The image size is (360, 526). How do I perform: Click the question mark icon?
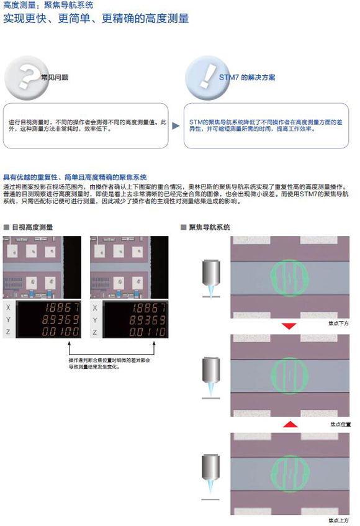click(26, 78)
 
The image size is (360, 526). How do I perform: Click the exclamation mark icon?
click(207, 78)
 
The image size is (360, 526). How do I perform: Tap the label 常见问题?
click(55, 78)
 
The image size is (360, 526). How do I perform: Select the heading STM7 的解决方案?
click(247, 78)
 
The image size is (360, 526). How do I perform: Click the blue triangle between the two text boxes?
click(176, 126)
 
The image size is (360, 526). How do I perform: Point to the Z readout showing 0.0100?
click(61, 332)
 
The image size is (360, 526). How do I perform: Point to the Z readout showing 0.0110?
click(148, 332)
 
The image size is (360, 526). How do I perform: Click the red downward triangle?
click(289, 326)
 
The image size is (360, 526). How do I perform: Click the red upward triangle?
click(290, 424)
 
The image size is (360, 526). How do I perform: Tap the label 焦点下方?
click(338, 324)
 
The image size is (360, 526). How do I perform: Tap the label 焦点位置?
click(341, 424)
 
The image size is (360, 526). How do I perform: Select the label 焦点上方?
click(338, 520)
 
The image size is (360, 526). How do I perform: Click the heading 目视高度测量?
click(32, 227)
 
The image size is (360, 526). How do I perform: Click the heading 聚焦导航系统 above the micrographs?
click(210, 227)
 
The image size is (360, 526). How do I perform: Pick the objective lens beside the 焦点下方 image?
click(211, 278)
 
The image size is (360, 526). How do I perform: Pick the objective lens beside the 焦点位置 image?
click(211, 377)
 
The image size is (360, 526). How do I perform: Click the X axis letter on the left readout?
click(9, 307)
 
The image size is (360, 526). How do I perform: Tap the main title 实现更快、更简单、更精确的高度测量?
click(96, 19)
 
